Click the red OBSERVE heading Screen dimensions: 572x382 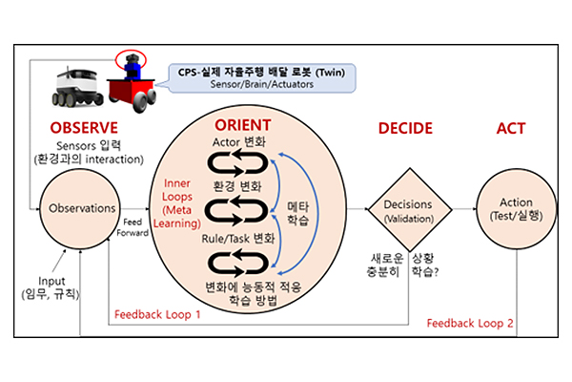click(84, 128)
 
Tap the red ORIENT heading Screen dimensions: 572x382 click(242, 125)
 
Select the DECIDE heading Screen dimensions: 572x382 click(405, 128)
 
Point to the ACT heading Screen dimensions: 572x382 click(511, 128)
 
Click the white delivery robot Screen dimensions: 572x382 click(77, 87)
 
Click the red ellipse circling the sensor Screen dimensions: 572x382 click(131, 51)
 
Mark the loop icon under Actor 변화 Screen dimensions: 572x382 click(237, 163)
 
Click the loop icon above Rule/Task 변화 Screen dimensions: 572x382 click(237, 211)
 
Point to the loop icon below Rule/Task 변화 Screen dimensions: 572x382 click(237, 264)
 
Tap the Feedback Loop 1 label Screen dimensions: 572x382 click(157, 315)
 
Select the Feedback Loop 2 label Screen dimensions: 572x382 click(470, 323)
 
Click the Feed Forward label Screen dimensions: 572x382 click(133, 227)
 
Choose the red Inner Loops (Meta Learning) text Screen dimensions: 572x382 click(177, 203)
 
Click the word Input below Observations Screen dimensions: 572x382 click(51, 281)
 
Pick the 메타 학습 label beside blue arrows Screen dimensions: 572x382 click(298, 214)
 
